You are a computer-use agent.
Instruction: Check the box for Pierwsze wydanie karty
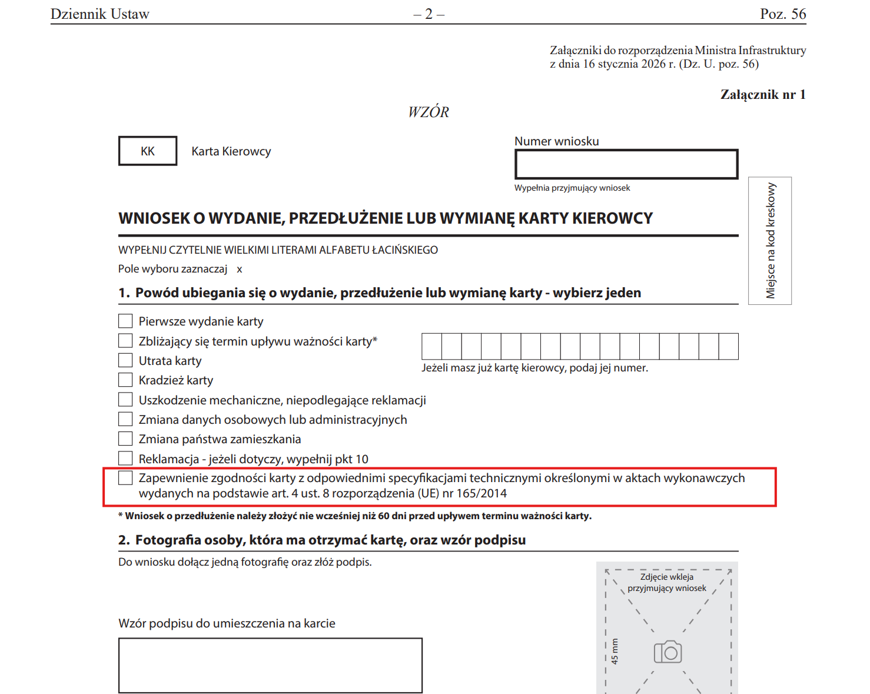pos(125,321)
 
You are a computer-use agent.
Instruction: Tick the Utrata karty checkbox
pos(125,360)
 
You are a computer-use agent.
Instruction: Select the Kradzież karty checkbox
pos(125,380)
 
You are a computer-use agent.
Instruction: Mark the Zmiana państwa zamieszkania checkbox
pos(125,439)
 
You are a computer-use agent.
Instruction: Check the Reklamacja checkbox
pos(125,458)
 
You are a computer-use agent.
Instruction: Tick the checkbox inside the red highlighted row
pos(125,477)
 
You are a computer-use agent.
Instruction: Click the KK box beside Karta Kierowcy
pos(148,151)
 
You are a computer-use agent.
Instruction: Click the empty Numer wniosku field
pos(626,164)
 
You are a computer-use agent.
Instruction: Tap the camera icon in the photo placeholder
pos(668,652)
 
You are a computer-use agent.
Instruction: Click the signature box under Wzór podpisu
pos(270,665)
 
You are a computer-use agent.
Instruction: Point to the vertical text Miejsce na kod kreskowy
pos(771,241)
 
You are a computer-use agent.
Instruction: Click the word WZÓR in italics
pos(429,112)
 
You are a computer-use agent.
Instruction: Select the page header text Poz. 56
pos(783,14)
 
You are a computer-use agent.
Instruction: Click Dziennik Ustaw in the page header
pos(100,14)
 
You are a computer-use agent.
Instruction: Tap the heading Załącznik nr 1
pos(763,95)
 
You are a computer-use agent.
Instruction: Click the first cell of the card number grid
pos(432,346)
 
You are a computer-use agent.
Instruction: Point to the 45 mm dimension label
pos(615,652)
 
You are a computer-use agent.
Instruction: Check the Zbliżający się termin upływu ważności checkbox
pos(125,341)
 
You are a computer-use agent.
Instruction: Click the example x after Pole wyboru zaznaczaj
pos(240,270)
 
